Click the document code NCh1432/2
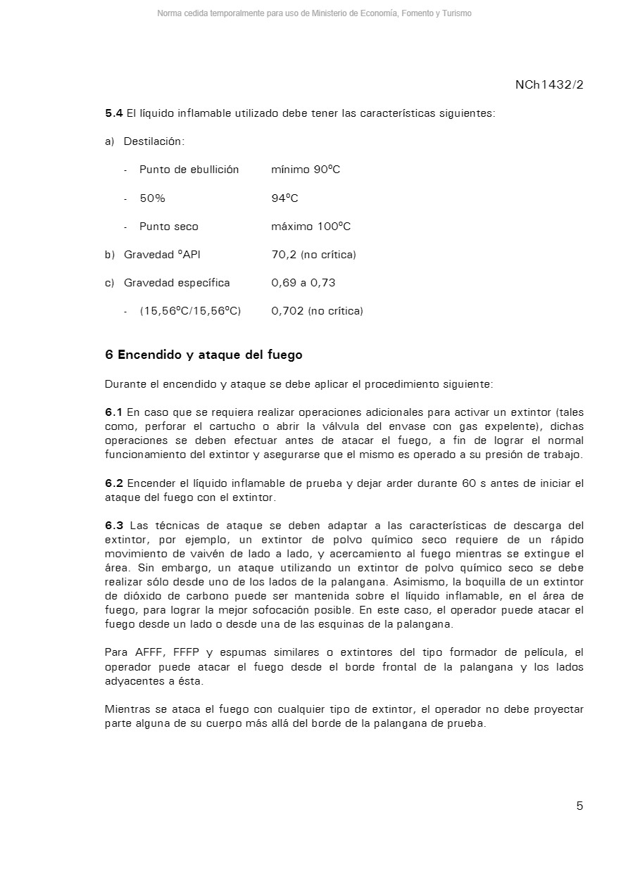pyautogui.click(x=549, y=85)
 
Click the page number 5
pyautogui.click(x=579, y=806)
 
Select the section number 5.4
pyautogui.click(x=113, y=113)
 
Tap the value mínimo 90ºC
pyautogui.click(x=306, y=170)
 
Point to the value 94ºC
pyautogui.click(x=284, y=198)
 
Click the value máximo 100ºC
pyautogui.click(x=310, y=227)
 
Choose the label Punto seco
pyautogui.click(x=169, y=227)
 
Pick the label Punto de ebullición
pyautogui.click(x=189, y=170)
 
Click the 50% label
pyautogui.click(x=152, y=198)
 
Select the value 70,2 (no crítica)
pyautogui.click(x=313, y=255)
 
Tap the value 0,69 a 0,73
pyautogui.click(x=303, y=283)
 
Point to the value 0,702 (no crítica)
pyautogui.click(x=317, y=311)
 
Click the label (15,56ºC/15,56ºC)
pyautogui.click(x=190, y=311)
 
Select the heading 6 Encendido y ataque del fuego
pyautogui.click(x=203, y=355)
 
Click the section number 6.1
pyautogui.click(x=113, y=412)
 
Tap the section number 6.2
pyautogui.click(x=113, y=483)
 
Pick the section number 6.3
pyautogui.click(x=113, y=526)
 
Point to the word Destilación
pyautogui.click(x=154, y=141)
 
